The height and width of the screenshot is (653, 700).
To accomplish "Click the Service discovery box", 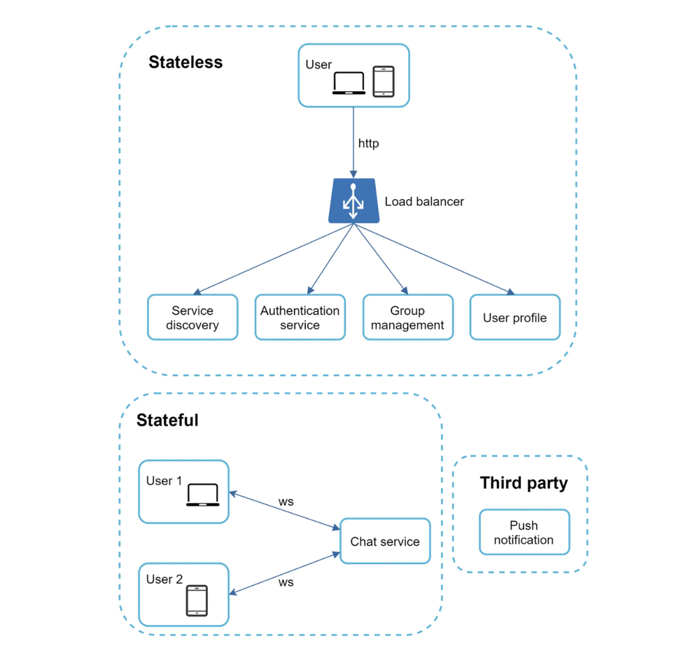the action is click(x=192, y=317).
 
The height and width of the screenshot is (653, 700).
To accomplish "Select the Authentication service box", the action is click(x=300, y=317).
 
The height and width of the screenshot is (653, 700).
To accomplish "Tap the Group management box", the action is click(x=408, y=317).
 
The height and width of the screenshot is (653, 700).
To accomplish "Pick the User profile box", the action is click(x=514, y=317).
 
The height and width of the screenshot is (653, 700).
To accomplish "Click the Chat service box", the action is click(x=385, y=542).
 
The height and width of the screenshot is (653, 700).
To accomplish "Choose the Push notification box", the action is click(x=524, y=532).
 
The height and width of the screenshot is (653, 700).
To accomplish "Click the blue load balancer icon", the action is click(x=353, y=200).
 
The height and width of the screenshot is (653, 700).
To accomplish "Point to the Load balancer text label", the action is click(x=424, y=202).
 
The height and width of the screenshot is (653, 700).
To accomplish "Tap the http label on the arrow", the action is click(x=368, y=144).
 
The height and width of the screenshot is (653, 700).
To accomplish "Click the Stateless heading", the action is click(x=185, y=62).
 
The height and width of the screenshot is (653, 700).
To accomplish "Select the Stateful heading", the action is click(x=167, y=420).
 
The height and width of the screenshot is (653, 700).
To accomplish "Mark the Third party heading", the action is click(x=524, y=483).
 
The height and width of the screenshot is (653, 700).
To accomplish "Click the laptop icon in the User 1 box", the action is click(x=203, y=495).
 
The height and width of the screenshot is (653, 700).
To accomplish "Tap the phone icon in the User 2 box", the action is click(x=197, y=600).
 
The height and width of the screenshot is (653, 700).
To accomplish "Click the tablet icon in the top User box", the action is click(x=384, y=81).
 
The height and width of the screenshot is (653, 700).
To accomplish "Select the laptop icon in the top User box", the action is click(x=349, y=83).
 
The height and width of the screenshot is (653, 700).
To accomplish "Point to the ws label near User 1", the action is click(x=286, y=502).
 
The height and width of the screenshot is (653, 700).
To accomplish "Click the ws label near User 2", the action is click(x=286, y=582).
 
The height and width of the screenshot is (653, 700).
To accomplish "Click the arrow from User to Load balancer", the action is click(x=353, y=142).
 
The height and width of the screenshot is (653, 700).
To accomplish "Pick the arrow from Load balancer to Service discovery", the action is click(x=273, y=259).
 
